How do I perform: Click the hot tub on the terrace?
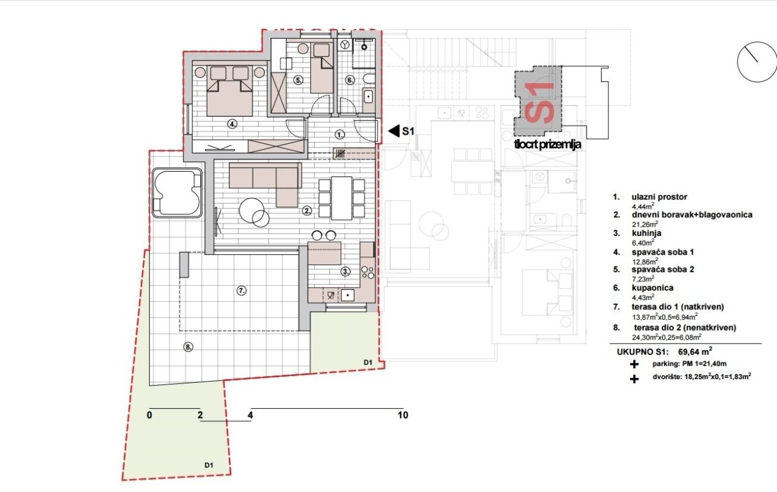point(177,193)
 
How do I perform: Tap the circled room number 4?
point(232,124)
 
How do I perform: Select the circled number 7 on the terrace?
point(242,291)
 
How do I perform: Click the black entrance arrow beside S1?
point(394,132)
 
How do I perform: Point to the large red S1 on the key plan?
point(538,103)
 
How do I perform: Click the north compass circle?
point(756,62)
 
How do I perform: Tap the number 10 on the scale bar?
point(402,415)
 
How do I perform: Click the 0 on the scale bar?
point(149,415)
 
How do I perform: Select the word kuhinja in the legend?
point(646,233)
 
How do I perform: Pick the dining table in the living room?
point(342,198)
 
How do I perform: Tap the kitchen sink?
point(348,295)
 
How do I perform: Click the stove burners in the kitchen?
point(367,272)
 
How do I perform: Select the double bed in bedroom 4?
point(229,91)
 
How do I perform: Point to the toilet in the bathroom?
point(368,78)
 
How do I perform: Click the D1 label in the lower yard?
point(208,465)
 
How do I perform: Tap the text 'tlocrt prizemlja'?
point(548,144)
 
